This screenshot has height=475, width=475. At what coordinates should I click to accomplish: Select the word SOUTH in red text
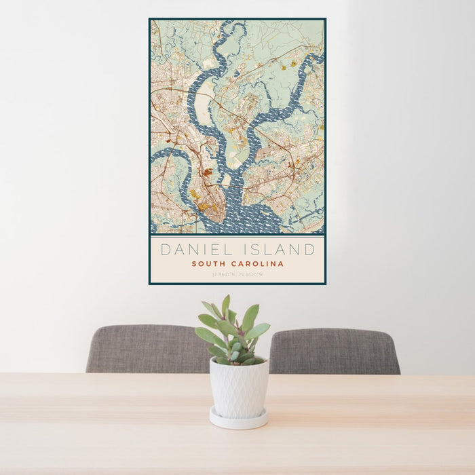click(208, 264)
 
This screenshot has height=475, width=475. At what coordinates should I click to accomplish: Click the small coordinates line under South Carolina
click(237, 275)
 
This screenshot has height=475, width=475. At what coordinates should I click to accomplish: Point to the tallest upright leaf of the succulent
click(225, 306)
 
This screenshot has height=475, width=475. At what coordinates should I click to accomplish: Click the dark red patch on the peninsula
click(206, 173)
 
